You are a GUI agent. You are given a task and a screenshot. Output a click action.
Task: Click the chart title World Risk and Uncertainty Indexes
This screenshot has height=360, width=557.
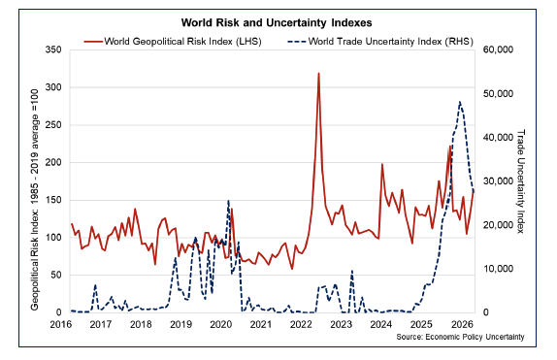[x=278, y=22]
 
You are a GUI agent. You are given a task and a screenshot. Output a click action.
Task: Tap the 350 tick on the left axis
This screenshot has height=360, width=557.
[x=53, y=49]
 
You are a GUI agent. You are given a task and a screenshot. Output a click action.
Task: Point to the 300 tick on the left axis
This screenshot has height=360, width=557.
[x=53, y=87]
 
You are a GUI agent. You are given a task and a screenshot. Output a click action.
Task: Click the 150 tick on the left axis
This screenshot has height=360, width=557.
[x=53, y=200]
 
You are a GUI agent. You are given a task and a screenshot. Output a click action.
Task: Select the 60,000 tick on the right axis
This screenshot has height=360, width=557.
[x=497, y=49]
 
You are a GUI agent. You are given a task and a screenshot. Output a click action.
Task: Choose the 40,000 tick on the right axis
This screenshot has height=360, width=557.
[x=497, y=138]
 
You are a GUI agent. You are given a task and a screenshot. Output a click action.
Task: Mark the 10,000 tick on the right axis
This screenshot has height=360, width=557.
[x=497, y=269]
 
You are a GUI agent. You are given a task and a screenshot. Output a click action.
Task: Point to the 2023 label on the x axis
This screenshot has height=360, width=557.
[x=341, y=323]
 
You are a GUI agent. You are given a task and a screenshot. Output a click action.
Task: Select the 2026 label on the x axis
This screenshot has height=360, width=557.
[x=461, y=323]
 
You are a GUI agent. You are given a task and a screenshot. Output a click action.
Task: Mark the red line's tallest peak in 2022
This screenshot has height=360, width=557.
[x=318, y=74]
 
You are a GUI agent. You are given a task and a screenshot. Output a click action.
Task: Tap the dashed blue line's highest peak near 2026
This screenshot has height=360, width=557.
[x=459, y=101]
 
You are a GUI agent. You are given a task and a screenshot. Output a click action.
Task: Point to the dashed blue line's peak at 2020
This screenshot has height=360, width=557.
[x=228, y=201]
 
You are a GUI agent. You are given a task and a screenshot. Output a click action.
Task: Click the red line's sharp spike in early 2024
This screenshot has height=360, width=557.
[x=382, y=164]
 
